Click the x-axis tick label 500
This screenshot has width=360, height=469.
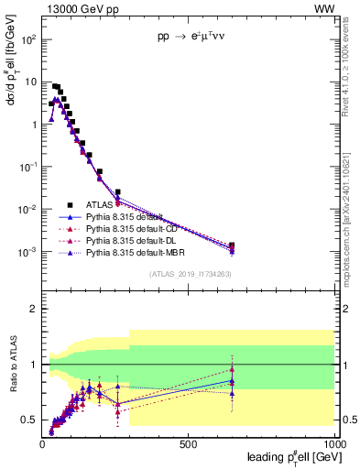pyautogui.click(x=189, y=444)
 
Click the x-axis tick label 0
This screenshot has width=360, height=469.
pyautogui.click(x=42, y=444)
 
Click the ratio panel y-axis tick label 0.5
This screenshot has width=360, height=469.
pyautogui.click(x=28, y=420)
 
